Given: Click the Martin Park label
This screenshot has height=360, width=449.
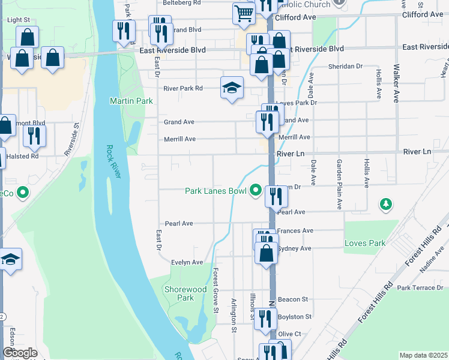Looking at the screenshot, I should point(131,101).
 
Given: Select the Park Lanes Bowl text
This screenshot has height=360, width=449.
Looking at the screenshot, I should point(215,191).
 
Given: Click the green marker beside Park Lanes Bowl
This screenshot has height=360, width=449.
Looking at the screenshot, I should point(256,191).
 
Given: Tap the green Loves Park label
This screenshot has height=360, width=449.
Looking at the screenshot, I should point(364,244).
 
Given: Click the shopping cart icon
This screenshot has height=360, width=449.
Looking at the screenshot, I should point(244,13).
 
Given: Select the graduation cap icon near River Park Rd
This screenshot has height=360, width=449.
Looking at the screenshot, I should point(232,88).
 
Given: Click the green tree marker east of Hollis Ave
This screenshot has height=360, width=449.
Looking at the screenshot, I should point(385,205).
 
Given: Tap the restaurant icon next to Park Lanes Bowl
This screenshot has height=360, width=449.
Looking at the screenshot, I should point(276,195).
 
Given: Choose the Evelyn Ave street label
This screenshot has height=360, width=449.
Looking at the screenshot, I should point(187,262).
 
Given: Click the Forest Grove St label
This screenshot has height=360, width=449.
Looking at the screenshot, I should point(214,290).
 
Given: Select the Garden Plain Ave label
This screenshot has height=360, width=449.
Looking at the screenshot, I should point(339,184).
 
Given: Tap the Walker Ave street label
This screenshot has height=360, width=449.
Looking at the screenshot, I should point(396,84).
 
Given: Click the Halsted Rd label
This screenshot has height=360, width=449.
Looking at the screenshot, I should point(22,156).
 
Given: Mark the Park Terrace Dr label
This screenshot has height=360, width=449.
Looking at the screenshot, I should point(420,288).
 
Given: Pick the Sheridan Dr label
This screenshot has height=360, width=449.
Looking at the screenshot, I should point(346,67).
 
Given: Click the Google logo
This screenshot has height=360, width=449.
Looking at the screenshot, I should point(20,353).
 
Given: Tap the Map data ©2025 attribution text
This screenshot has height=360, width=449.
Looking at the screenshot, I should point(423,355).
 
